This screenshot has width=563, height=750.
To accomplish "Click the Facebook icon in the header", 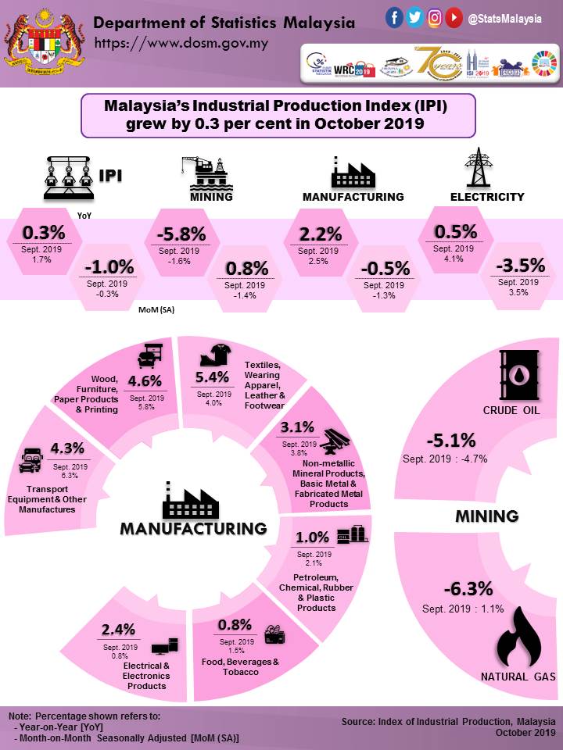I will tap(395, 17).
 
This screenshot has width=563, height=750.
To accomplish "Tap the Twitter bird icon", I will tap(415, 17).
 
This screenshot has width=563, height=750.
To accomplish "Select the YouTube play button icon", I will tap(454, 17).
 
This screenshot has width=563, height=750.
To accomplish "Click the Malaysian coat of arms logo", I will tap(42, 41).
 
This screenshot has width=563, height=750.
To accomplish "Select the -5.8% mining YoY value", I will tap(181, 234).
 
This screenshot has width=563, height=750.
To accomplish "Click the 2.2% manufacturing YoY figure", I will tap(321, 234).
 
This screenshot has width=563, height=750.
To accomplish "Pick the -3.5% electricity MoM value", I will tap(518, 265).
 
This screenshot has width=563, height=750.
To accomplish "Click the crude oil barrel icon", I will tap(518, 375).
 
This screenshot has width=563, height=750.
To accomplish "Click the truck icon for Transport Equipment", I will tap(28, 460).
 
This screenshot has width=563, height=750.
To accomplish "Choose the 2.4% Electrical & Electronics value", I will tap(119, 630).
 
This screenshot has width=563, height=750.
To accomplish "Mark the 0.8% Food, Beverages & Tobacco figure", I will tap(235, 624).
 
